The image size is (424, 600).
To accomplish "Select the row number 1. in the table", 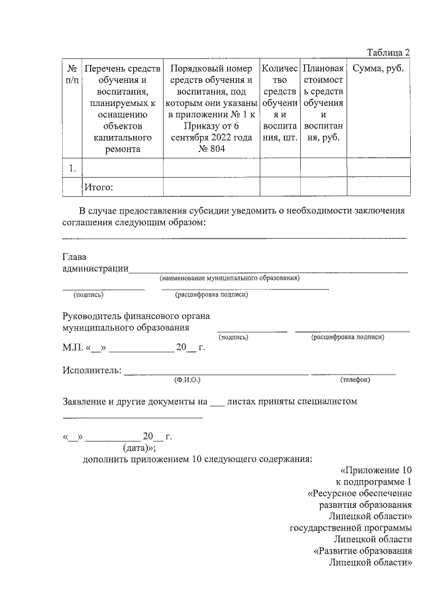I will [72, 168].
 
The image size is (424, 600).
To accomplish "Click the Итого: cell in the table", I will [98, 188].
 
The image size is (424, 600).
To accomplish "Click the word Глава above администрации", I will [74, 257].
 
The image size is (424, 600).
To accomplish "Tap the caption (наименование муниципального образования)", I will [230, 278].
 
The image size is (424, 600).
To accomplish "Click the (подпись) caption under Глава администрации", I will [89, 295].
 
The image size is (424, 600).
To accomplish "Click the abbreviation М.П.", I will [72, 347].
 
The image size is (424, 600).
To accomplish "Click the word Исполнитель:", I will [91, 370].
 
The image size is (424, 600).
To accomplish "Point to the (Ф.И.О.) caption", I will [187, 380].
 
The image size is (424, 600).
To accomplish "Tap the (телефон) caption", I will [354, 380].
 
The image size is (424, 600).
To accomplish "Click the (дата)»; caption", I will [140, 448].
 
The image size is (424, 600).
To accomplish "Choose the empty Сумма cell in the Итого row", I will [378, 188].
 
